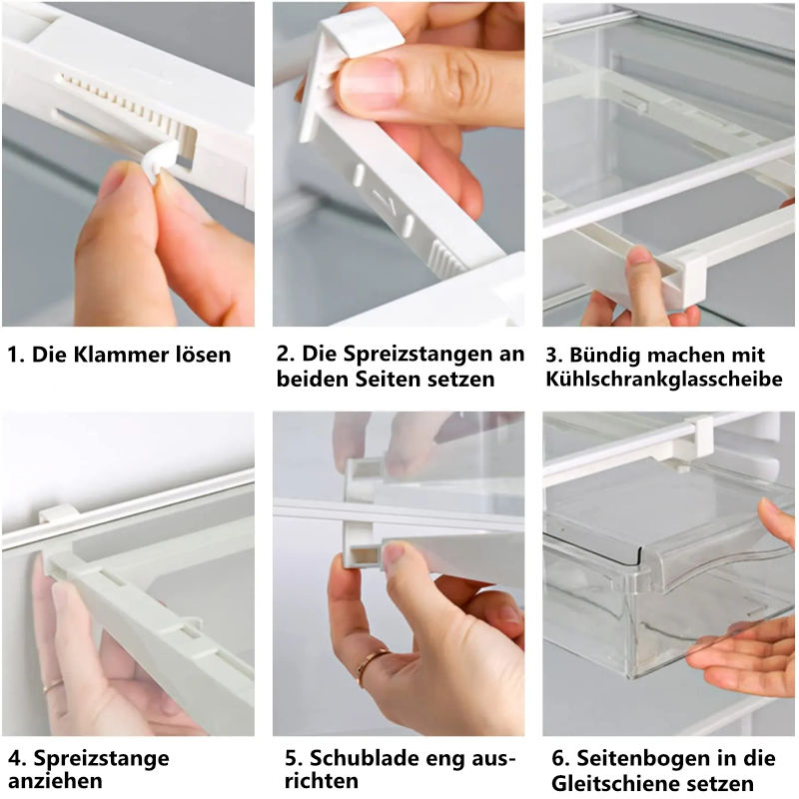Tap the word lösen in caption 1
[200, 355]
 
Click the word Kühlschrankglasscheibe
[663, 380]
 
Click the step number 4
[13, 758]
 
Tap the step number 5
[285, 758]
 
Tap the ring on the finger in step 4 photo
[52, 686]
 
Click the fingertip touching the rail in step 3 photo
[640, 262]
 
